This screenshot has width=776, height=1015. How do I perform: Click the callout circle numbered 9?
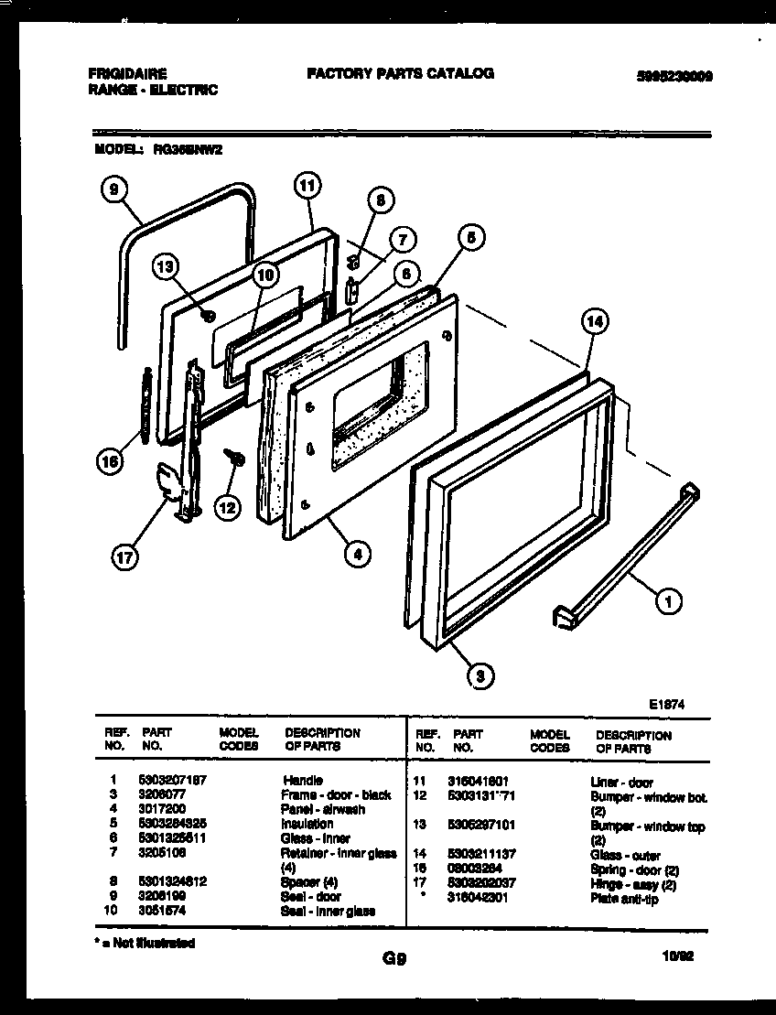pos(113,189)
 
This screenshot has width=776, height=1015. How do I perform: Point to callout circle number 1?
pos(669,600)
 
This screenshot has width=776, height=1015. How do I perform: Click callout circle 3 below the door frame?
pos(476,675)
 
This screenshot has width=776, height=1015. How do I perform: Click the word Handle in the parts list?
pos(303,781)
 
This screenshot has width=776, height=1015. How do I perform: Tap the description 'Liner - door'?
pos(621,783)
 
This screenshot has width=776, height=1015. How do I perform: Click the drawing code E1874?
pos(667,705)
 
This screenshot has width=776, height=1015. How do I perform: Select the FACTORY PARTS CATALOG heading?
pos(400,73)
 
